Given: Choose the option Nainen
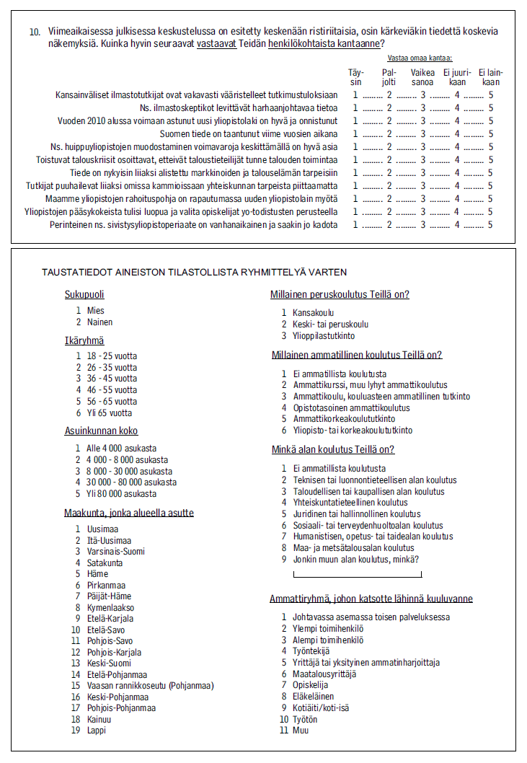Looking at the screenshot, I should [99, 322].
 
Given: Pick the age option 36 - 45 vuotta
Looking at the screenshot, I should [112, 379].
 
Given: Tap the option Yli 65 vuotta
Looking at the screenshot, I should [110, 413].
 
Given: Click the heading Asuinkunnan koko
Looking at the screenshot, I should [101, 431].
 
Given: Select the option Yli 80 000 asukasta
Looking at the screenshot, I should [122, 494].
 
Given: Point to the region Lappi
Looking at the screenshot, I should [96, 731].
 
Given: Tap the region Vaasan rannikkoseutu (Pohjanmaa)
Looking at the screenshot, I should [150, 686].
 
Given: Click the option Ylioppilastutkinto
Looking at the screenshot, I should [324, 336].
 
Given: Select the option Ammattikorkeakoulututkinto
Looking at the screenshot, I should [344, 419].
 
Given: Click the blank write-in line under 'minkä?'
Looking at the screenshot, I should [358, 575].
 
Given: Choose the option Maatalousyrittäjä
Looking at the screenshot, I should [324, 674].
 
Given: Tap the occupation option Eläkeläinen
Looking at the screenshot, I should [314, 697].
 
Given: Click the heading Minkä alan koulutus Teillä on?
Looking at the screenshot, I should [333, 450].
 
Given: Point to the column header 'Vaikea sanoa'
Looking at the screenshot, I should [423, 76].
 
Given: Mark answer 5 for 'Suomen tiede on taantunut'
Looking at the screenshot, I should [490, 133].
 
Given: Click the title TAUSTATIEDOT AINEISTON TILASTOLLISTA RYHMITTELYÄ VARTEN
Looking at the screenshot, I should [195, 273].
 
